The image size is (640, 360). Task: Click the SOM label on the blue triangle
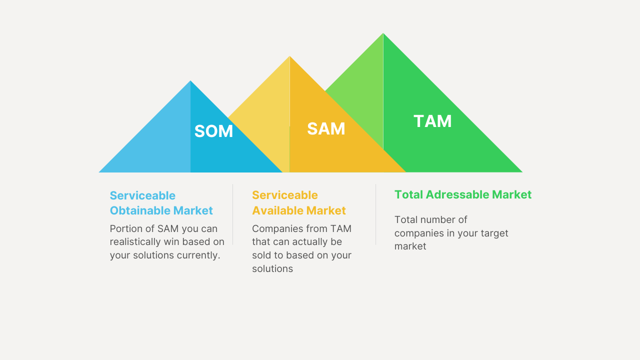click(x=213, y=131)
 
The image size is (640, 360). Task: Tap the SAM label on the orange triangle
click(x=326, y=128)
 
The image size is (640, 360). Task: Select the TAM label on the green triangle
click(x=432, y=121)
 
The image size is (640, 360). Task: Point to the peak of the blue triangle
click(x=190, y=81)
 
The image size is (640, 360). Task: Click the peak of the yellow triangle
click(x=289, y=56)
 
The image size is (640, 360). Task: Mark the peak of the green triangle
click(x=383, y=33)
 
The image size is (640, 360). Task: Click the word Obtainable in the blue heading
click(x=140, y=210)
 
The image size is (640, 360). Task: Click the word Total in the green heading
click(x=408, y=194)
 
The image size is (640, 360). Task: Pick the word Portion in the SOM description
click(x=124, y=228)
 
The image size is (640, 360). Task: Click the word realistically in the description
click(x=135, y=242)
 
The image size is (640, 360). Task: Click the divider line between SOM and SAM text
click(x=233, y=214)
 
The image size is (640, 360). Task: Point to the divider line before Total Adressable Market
click(x=375, y=214)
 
